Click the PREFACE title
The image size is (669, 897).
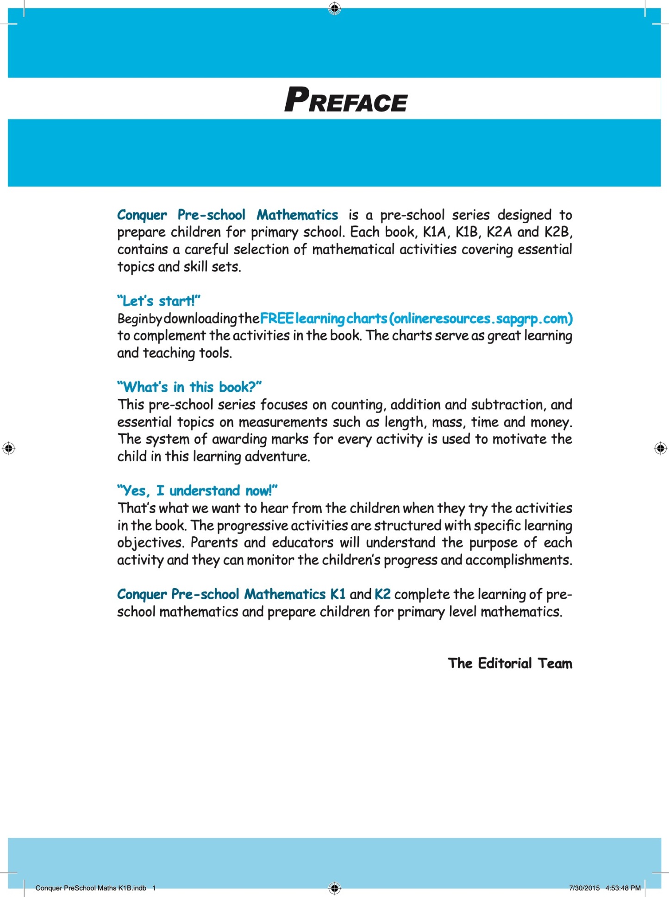coord(346,100)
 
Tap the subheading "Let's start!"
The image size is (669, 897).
coord(159,301)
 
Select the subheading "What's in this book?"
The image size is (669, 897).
coord(189,387)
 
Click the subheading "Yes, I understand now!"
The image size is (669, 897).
coord(197,490)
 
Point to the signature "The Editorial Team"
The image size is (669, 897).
coord(510,663)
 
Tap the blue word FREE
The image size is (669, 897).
coord(277,319)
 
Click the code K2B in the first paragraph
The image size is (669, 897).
coord(558,232)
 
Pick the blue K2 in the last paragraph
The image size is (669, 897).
coord(382,594)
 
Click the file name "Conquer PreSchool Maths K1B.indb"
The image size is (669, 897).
coord(91,888)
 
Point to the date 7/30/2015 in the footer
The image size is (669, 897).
coord(584,888)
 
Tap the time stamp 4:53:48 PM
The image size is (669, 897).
coord(623,888)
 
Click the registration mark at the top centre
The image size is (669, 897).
coord(335,8)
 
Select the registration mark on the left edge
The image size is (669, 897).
coord(9,448)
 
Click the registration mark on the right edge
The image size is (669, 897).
coord(660,448)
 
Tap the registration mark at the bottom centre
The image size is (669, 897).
coord(335,888)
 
